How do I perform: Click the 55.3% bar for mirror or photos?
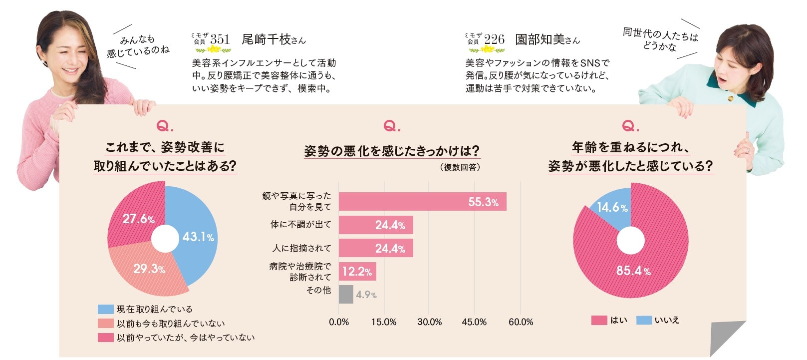point(422,202)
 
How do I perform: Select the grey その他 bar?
point(346,294)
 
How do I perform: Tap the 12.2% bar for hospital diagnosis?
point(357,271)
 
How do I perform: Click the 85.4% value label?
point(633,271)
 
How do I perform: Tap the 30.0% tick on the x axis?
point(429,322)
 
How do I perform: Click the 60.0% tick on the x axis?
point(521,322)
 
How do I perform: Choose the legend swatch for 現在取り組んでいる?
point(106,310)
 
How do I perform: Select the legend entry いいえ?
point(667,320)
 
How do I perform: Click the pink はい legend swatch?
point(599,320)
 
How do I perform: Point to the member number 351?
point(220,39)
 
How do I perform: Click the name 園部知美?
point(540,39)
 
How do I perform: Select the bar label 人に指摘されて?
point(301,248)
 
